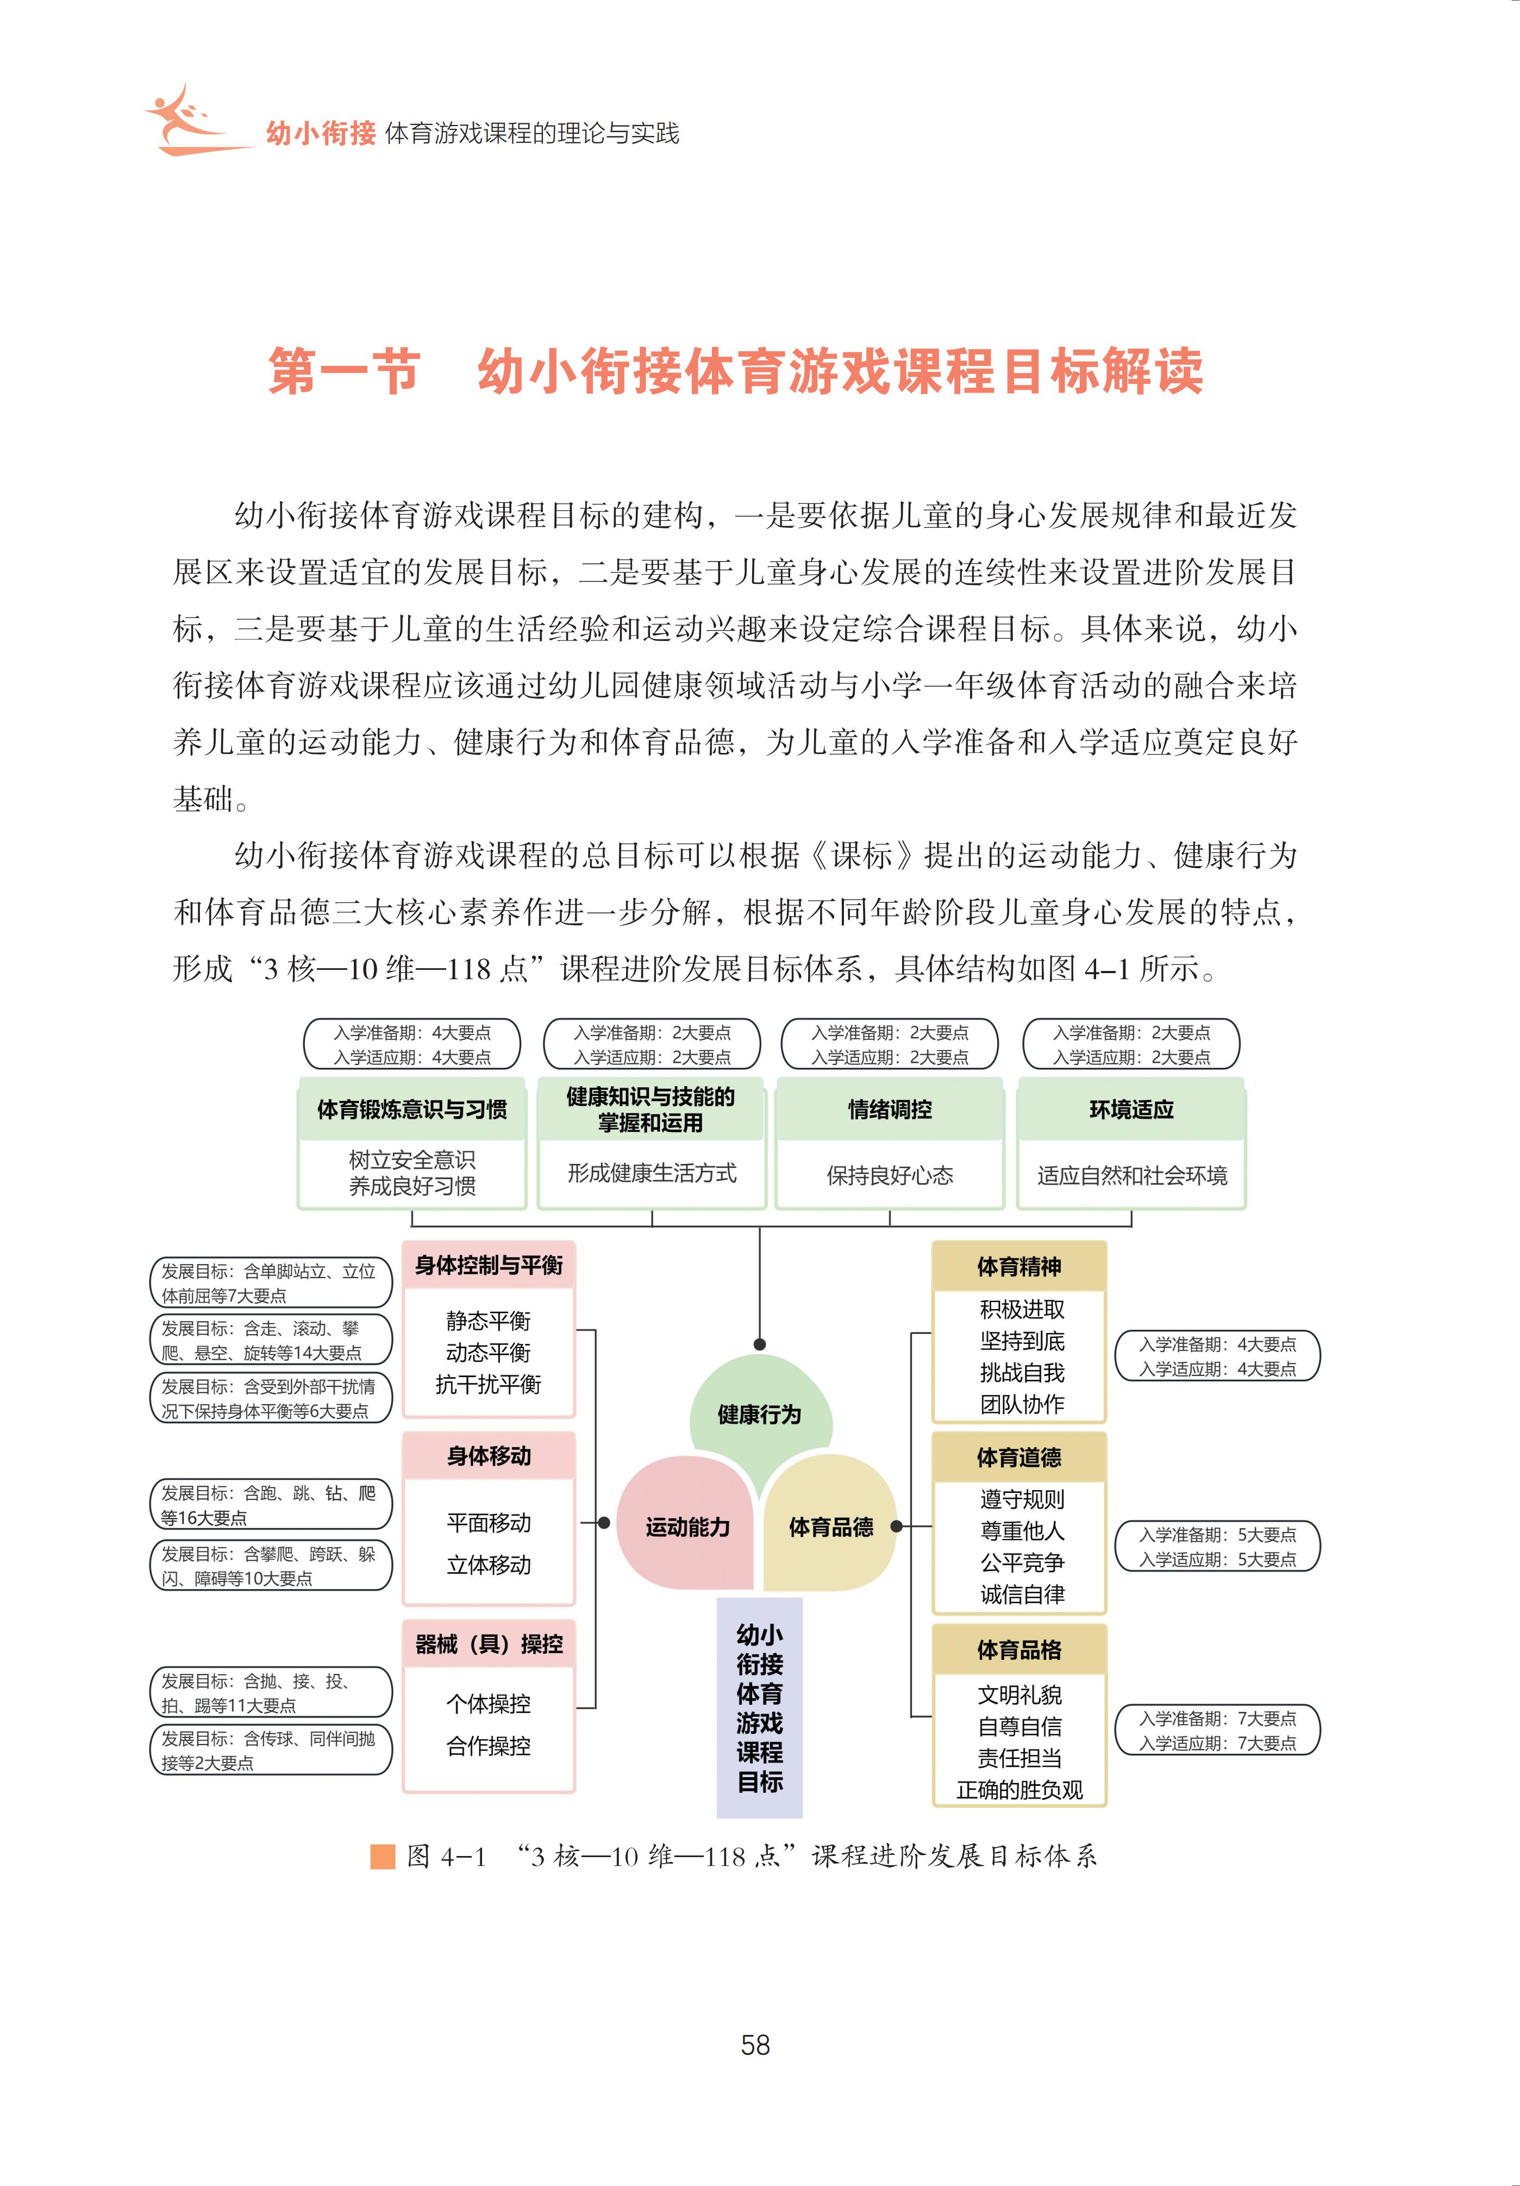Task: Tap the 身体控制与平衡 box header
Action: coord(488,1265)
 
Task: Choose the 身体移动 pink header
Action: coord(488,1456)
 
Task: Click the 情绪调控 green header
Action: coord(890,1109)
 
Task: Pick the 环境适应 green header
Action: coord(1131,1109)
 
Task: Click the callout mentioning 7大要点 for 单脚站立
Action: coord(270,1282)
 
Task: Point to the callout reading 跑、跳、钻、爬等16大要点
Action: coord(270,1504)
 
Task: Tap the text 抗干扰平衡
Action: coord(488,1384)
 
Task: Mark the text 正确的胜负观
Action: coord(1019,1790)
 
